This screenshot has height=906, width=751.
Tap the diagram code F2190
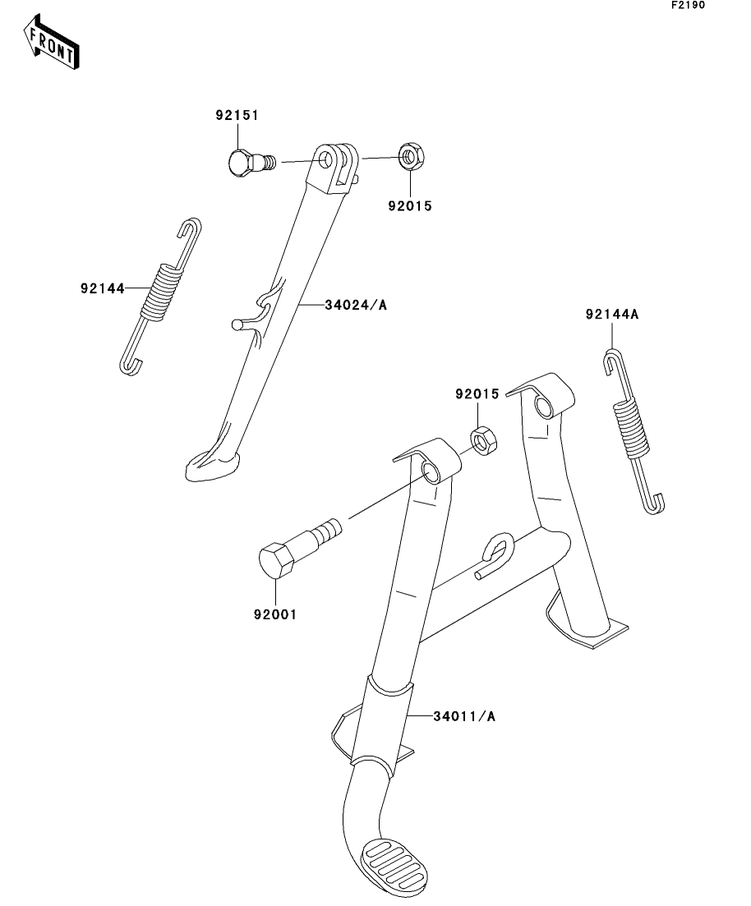pyautogui.click(x=688, y=6)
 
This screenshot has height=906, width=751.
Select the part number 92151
pyautogui.click(x=237, y=116)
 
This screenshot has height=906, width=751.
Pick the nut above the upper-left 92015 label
pyautogui.click(x=410, y=156)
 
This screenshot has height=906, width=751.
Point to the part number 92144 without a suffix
pyautogui.click(x=102, y=288)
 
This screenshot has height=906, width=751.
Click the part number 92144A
pyautogui.click(x=611, y=315)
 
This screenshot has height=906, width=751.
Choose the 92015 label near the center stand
pyautogui.click(x=477, y=395)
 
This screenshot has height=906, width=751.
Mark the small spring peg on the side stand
pyautogui.click(x=237, y=324)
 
